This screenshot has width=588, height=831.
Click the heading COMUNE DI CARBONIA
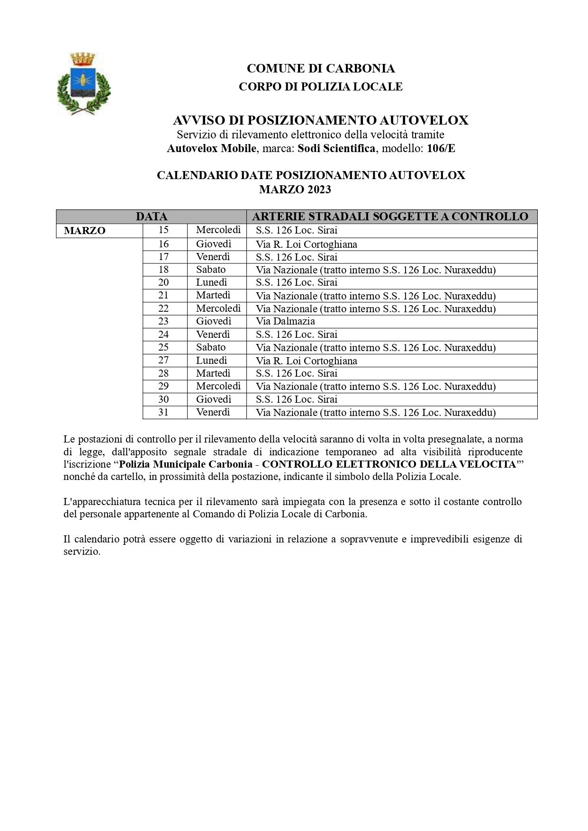[320, 69]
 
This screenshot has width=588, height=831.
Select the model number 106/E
[441, 148]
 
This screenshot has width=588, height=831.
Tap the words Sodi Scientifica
[336, 148]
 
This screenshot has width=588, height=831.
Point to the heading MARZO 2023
[295, 190]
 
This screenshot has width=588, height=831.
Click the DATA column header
[151, 217]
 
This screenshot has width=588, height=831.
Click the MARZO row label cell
[85, 231]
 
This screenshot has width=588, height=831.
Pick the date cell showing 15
[163, 230]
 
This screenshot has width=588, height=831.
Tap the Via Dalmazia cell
[285, 321]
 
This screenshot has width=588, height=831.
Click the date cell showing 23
[163, 321]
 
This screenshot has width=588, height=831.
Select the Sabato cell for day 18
[211, 270]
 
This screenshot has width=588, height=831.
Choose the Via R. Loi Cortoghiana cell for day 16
[306, 244]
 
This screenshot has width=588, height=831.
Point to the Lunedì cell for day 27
[211, 361]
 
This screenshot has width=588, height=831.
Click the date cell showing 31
[163, 412]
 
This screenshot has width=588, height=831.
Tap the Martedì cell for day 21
[213, 296]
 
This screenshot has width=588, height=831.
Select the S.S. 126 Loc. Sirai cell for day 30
[297, 399]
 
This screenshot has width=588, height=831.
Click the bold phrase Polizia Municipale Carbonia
[185, 464]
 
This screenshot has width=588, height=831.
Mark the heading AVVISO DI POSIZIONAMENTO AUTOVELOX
[320, 120]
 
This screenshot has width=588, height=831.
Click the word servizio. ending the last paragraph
[82, 552]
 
